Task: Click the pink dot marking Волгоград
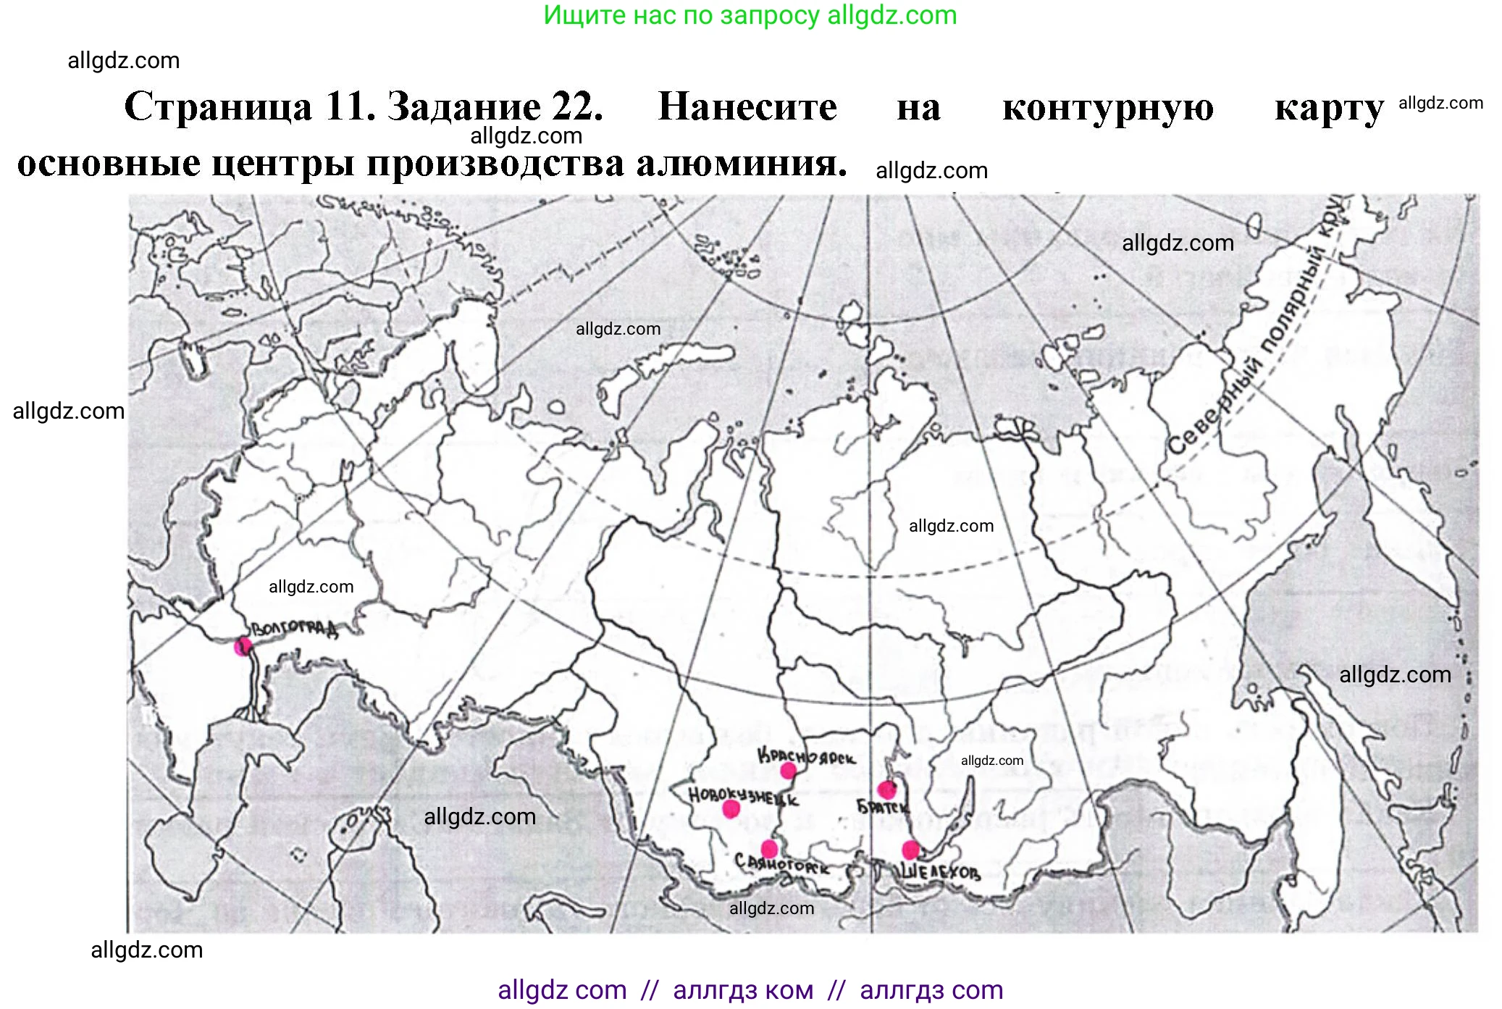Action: coord(243,646)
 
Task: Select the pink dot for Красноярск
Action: coord(788,771)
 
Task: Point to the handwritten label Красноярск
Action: coord(806,757)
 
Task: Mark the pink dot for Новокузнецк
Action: coord(731,808)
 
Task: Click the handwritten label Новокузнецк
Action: coord(743,796)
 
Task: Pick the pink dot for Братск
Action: coord(886,790)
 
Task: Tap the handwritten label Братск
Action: coord(882,807)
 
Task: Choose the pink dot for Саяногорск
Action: coord(769,849)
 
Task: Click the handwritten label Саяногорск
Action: coord(782,864)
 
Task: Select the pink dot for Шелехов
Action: coord(910,850)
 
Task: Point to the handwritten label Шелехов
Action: coord(940,871)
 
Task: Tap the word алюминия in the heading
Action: coord(742,164)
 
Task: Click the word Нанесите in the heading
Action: coord(747,107)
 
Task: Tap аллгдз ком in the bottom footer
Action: coord(743,990)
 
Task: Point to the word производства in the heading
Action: coord(496,164)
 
